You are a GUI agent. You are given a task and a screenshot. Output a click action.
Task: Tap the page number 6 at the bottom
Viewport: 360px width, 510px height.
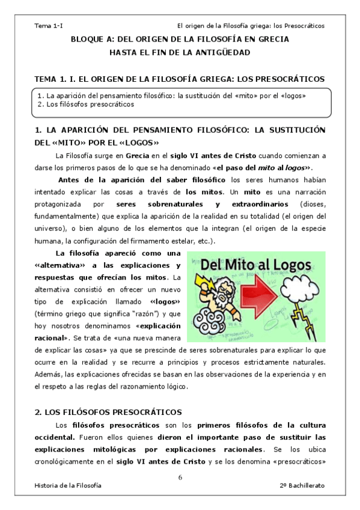coord(180,477)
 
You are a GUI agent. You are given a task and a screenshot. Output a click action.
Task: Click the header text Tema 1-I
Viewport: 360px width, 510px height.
coord(49,26)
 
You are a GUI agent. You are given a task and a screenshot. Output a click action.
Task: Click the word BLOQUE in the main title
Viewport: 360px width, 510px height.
coord(89,39)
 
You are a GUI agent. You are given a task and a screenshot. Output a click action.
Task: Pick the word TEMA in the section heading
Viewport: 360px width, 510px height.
coord(45,79)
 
